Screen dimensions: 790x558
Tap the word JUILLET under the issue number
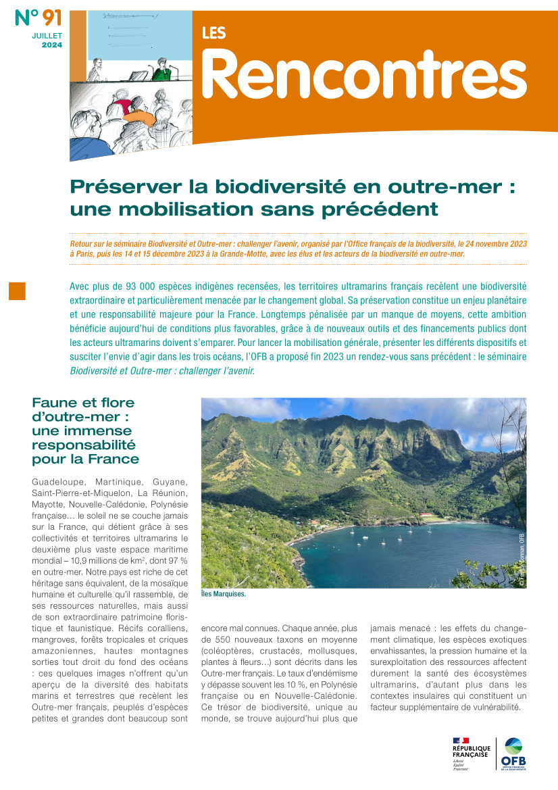(46, 35)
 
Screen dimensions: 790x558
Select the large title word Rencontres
(364, 75)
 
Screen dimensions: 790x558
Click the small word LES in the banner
(214, 33)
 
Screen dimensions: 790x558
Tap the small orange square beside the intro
(17, 290)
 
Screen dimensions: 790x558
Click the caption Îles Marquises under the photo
(224, 595)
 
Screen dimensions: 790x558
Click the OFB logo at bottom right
(513, 753)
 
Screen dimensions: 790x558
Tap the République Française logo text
(470, 752)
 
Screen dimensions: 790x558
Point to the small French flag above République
(461, 741)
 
